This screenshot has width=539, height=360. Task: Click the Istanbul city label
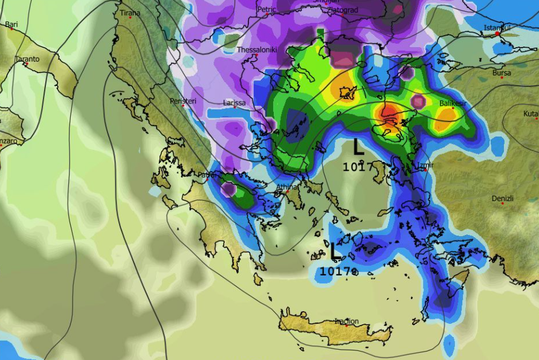[497, 28]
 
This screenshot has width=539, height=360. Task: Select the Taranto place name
[27, 59]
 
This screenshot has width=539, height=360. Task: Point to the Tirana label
[130, 13]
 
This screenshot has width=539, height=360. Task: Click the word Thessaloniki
[257, 50]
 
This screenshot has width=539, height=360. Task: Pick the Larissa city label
[234, 103]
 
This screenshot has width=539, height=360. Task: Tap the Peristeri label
[183, 101]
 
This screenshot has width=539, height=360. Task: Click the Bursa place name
[502, 73]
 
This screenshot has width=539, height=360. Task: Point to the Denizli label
[503, 198]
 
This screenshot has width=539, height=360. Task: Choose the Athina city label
[287, 187]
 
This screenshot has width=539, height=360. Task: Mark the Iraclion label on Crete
[346, 321]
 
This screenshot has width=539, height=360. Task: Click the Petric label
[266, 9]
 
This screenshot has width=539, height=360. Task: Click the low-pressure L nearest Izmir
[358, 147]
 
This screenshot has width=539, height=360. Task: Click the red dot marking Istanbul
[497, 34]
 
